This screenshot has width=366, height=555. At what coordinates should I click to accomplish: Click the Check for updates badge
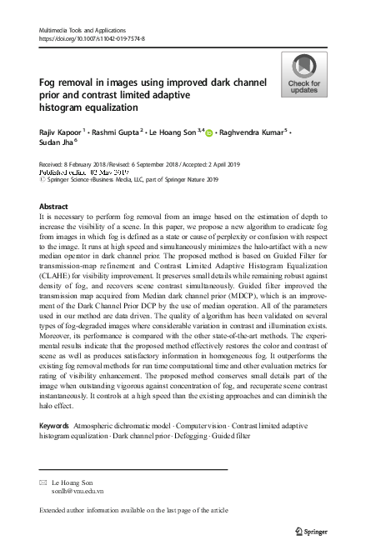coord(303,74)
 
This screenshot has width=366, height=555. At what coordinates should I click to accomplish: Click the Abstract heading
coord(53,205)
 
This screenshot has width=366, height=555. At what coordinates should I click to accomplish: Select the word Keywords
coord(54,426)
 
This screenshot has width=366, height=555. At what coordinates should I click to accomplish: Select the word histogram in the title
coord(65,107)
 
